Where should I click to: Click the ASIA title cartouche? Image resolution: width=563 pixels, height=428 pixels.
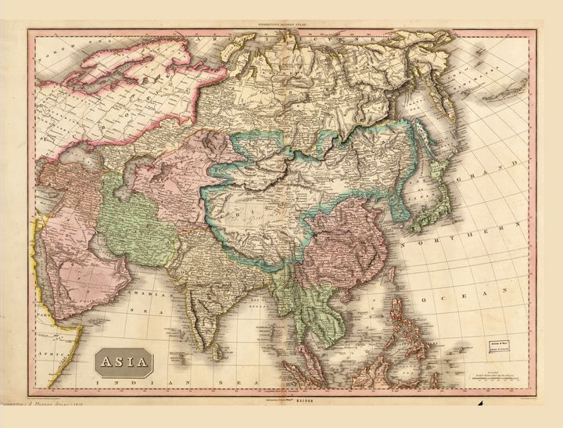click(x=123, y=361)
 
